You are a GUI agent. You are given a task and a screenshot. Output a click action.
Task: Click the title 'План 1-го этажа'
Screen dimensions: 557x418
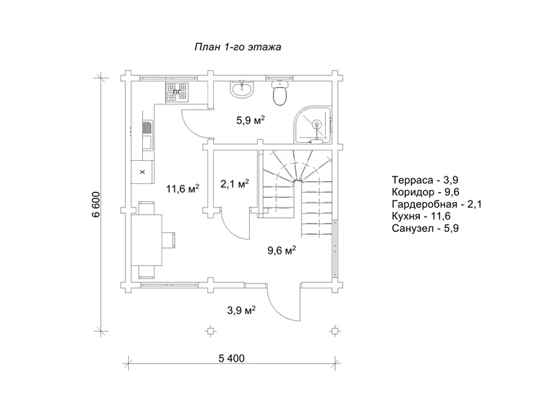(x=237, y=47)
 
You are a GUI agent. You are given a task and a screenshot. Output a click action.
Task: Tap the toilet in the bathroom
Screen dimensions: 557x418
(x=280, y=93)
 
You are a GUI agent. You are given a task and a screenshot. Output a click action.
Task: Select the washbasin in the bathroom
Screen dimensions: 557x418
(x=242, y=89)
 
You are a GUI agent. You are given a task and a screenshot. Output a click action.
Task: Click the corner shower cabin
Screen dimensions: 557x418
(x=314, y=125)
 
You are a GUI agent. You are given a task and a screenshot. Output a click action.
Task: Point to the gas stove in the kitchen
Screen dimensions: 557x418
(x=176, y=93)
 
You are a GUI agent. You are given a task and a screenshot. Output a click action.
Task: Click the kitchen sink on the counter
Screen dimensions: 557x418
(x=148, y=135)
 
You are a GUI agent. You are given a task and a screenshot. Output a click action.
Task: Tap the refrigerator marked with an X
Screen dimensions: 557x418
(x=143, y=172)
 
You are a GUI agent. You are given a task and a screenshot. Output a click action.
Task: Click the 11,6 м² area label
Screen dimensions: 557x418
(x=182, y=188)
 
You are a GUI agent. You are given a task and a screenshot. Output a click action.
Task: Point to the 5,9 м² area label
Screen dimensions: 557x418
(x=251, y=120)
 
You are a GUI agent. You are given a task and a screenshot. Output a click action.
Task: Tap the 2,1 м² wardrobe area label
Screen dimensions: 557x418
(x=235, y=184)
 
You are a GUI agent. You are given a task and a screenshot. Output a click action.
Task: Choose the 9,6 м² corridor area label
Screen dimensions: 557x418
(x=282, y=250)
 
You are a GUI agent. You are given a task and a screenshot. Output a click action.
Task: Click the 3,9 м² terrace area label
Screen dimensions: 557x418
(x=242, y=310)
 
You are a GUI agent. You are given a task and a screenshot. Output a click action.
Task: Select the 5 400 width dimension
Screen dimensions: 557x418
(x=232, y=358)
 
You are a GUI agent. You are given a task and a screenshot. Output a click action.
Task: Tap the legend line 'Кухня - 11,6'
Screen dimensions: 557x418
(x=421, y=216)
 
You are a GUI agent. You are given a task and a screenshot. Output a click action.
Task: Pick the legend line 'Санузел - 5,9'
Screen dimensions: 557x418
(x=425, y=229)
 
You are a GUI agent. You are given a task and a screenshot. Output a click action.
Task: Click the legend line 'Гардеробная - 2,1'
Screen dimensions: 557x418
(x=437, y=204)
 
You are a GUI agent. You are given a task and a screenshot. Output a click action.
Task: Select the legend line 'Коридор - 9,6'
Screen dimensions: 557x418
(x=425, y=192)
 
